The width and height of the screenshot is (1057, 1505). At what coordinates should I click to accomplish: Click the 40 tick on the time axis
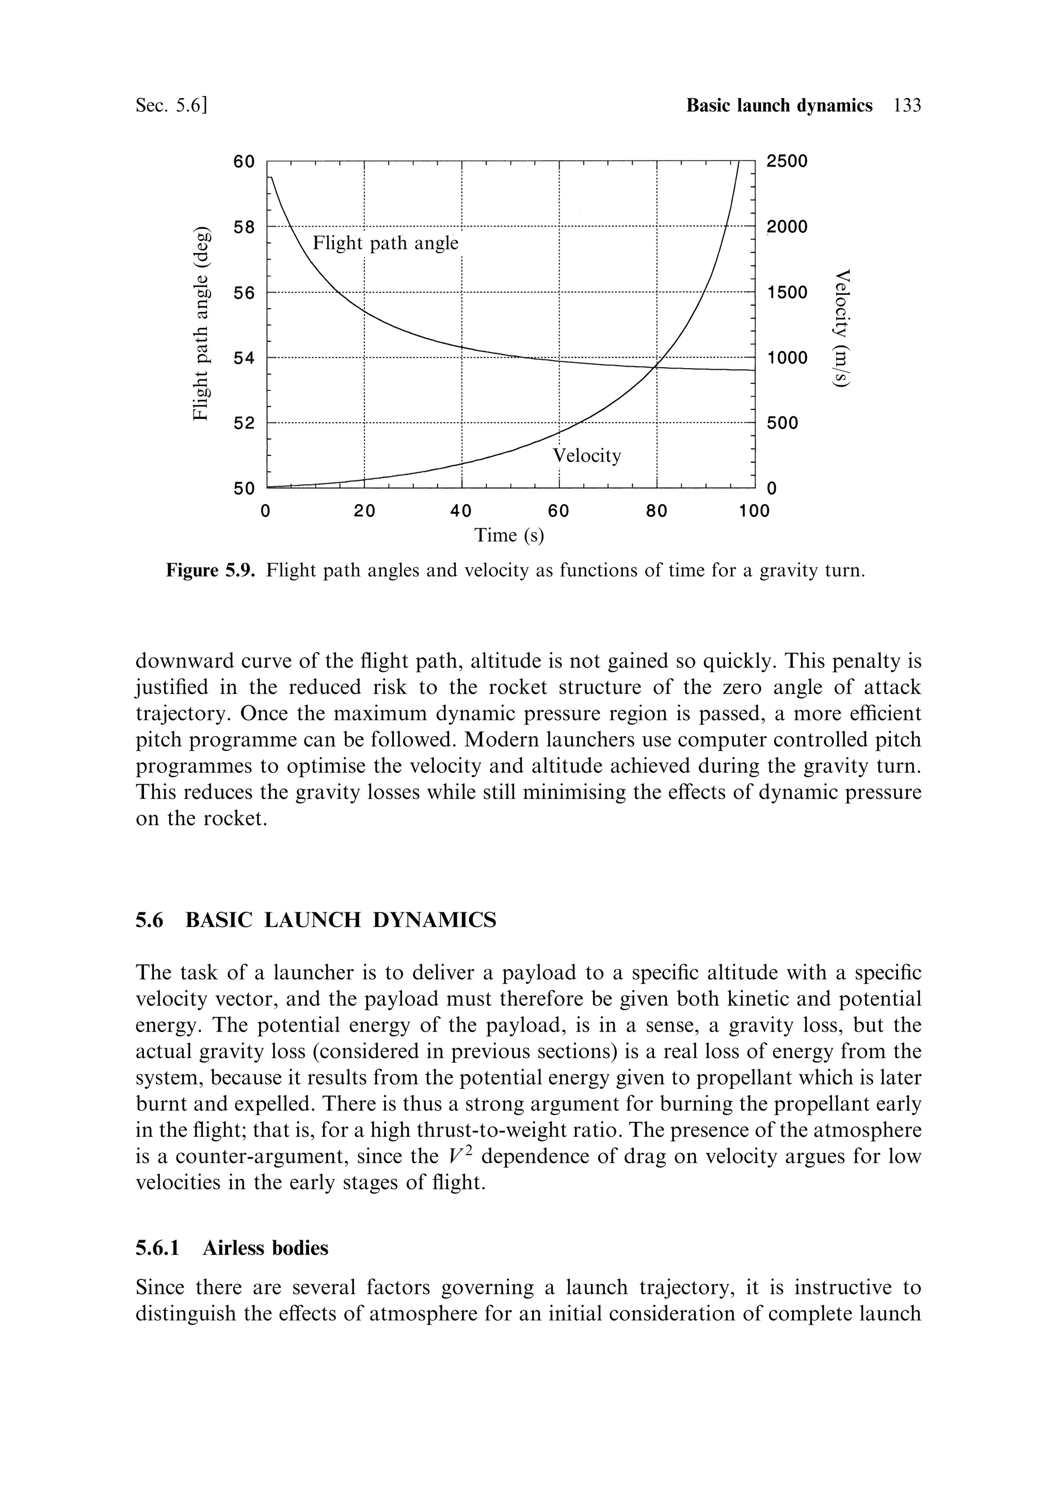click(461, 511)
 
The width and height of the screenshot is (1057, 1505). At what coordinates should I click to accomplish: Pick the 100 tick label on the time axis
click(754, 511)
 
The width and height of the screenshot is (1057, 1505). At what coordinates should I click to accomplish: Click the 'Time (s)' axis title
click(509, 535)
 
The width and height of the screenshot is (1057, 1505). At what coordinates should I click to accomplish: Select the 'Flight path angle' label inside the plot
click(386, 243)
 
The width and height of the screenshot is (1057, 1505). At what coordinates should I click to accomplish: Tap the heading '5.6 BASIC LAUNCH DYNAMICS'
click(316, 921)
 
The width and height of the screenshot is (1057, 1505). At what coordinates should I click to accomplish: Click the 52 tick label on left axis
click(245, 423)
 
